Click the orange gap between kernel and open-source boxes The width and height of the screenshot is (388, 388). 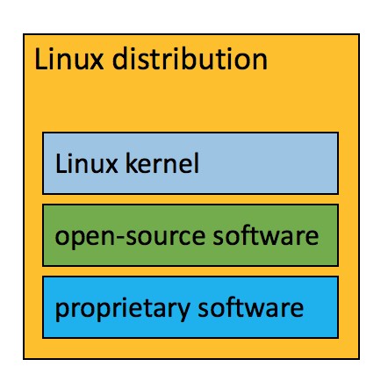pos(190,199)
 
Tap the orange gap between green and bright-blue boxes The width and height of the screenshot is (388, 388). pos(190,271)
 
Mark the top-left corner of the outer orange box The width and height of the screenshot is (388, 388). pos(24,34)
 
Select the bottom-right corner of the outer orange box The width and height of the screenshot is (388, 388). pos(360,358)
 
